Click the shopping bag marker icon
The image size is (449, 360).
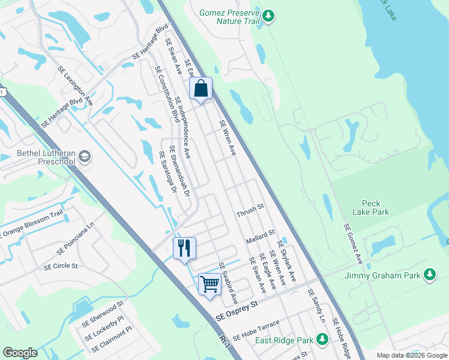(201, 89)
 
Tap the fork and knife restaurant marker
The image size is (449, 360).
(184, 247)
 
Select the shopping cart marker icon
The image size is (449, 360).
(209, 283)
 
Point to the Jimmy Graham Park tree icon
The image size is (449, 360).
(429, 275)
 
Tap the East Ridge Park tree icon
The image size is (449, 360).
(322, 340)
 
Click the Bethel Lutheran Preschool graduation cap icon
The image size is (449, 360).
(85, 157)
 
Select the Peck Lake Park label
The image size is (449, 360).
(375, 208)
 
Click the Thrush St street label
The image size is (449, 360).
(250, 208)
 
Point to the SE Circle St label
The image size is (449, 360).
(61, 266)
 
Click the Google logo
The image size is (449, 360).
(20, 353)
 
